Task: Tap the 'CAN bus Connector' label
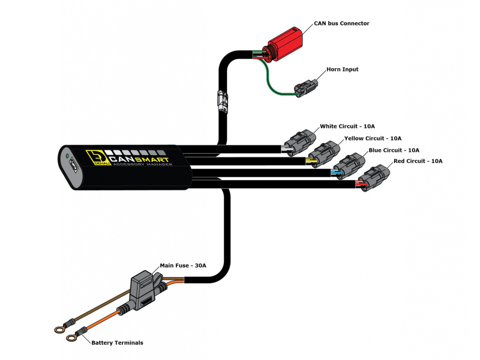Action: [x=341, y=23]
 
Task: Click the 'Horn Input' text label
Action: [x=342, y=69]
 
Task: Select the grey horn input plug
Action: [x=306, y=88]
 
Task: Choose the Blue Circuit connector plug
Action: [x=349, y=165]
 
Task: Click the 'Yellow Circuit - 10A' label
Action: [x=373, y=138]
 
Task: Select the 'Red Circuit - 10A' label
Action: [x=418, y=161]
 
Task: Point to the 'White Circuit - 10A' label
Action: [x=347, y=126]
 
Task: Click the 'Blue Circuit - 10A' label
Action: [x=394, y=150]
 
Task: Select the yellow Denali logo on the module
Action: [x=94, y=158]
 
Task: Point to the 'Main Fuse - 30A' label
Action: [x=183, y=265]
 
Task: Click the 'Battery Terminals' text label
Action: [x=117, y=342]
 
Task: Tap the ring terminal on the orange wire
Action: [x=72, y=338]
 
